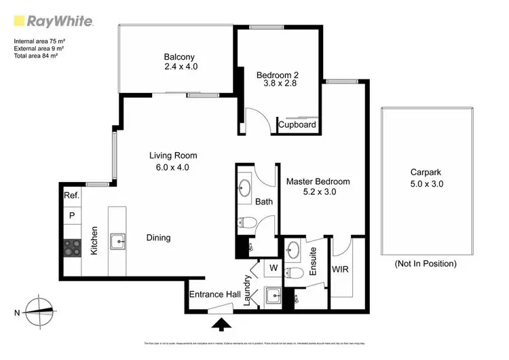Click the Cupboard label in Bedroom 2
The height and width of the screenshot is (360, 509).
(x=297, y=125)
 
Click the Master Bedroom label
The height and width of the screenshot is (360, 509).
(x=317, y=181)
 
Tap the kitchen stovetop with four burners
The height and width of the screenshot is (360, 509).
(x=72, y=247)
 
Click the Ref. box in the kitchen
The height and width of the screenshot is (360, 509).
(x=72, y=196)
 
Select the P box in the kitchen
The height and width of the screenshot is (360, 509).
(x=72, y=216)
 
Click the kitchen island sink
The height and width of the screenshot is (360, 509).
(x=118, y=240)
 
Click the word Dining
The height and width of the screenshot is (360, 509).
(x=158, y=238)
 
